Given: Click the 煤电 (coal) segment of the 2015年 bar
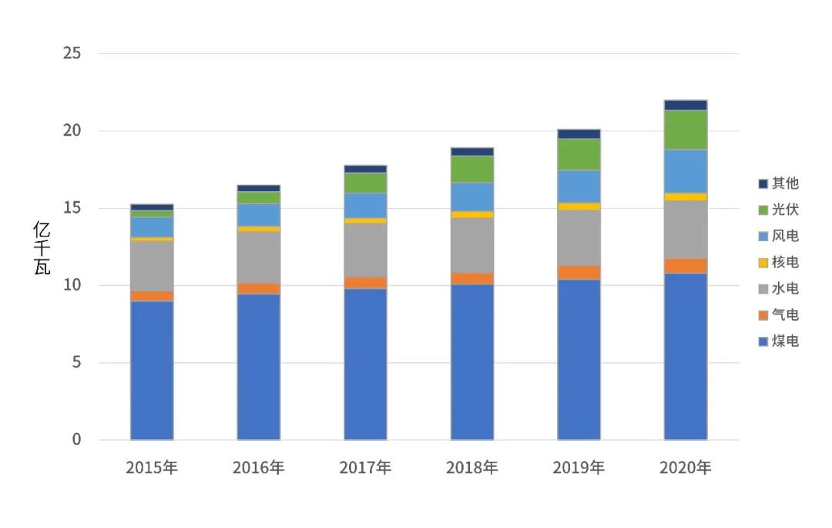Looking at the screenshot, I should coord(152,370).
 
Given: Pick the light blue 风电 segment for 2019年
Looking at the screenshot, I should coord(579,186).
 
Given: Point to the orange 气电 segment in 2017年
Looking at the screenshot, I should coord(365,283).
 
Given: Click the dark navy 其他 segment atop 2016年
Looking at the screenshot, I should coord(259,188).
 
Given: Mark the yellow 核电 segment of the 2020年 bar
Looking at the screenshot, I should coord(686,197).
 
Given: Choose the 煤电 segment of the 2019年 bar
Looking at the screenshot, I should coord(579,359).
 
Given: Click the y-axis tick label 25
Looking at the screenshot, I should coord(73,54).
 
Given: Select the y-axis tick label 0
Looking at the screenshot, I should coord(77,439).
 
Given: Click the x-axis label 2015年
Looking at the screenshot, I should coord(152,467).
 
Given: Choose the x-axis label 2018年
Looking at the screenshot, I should coord(472,467).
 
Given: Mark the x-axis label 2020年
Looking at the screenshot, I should coord(686,467).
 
